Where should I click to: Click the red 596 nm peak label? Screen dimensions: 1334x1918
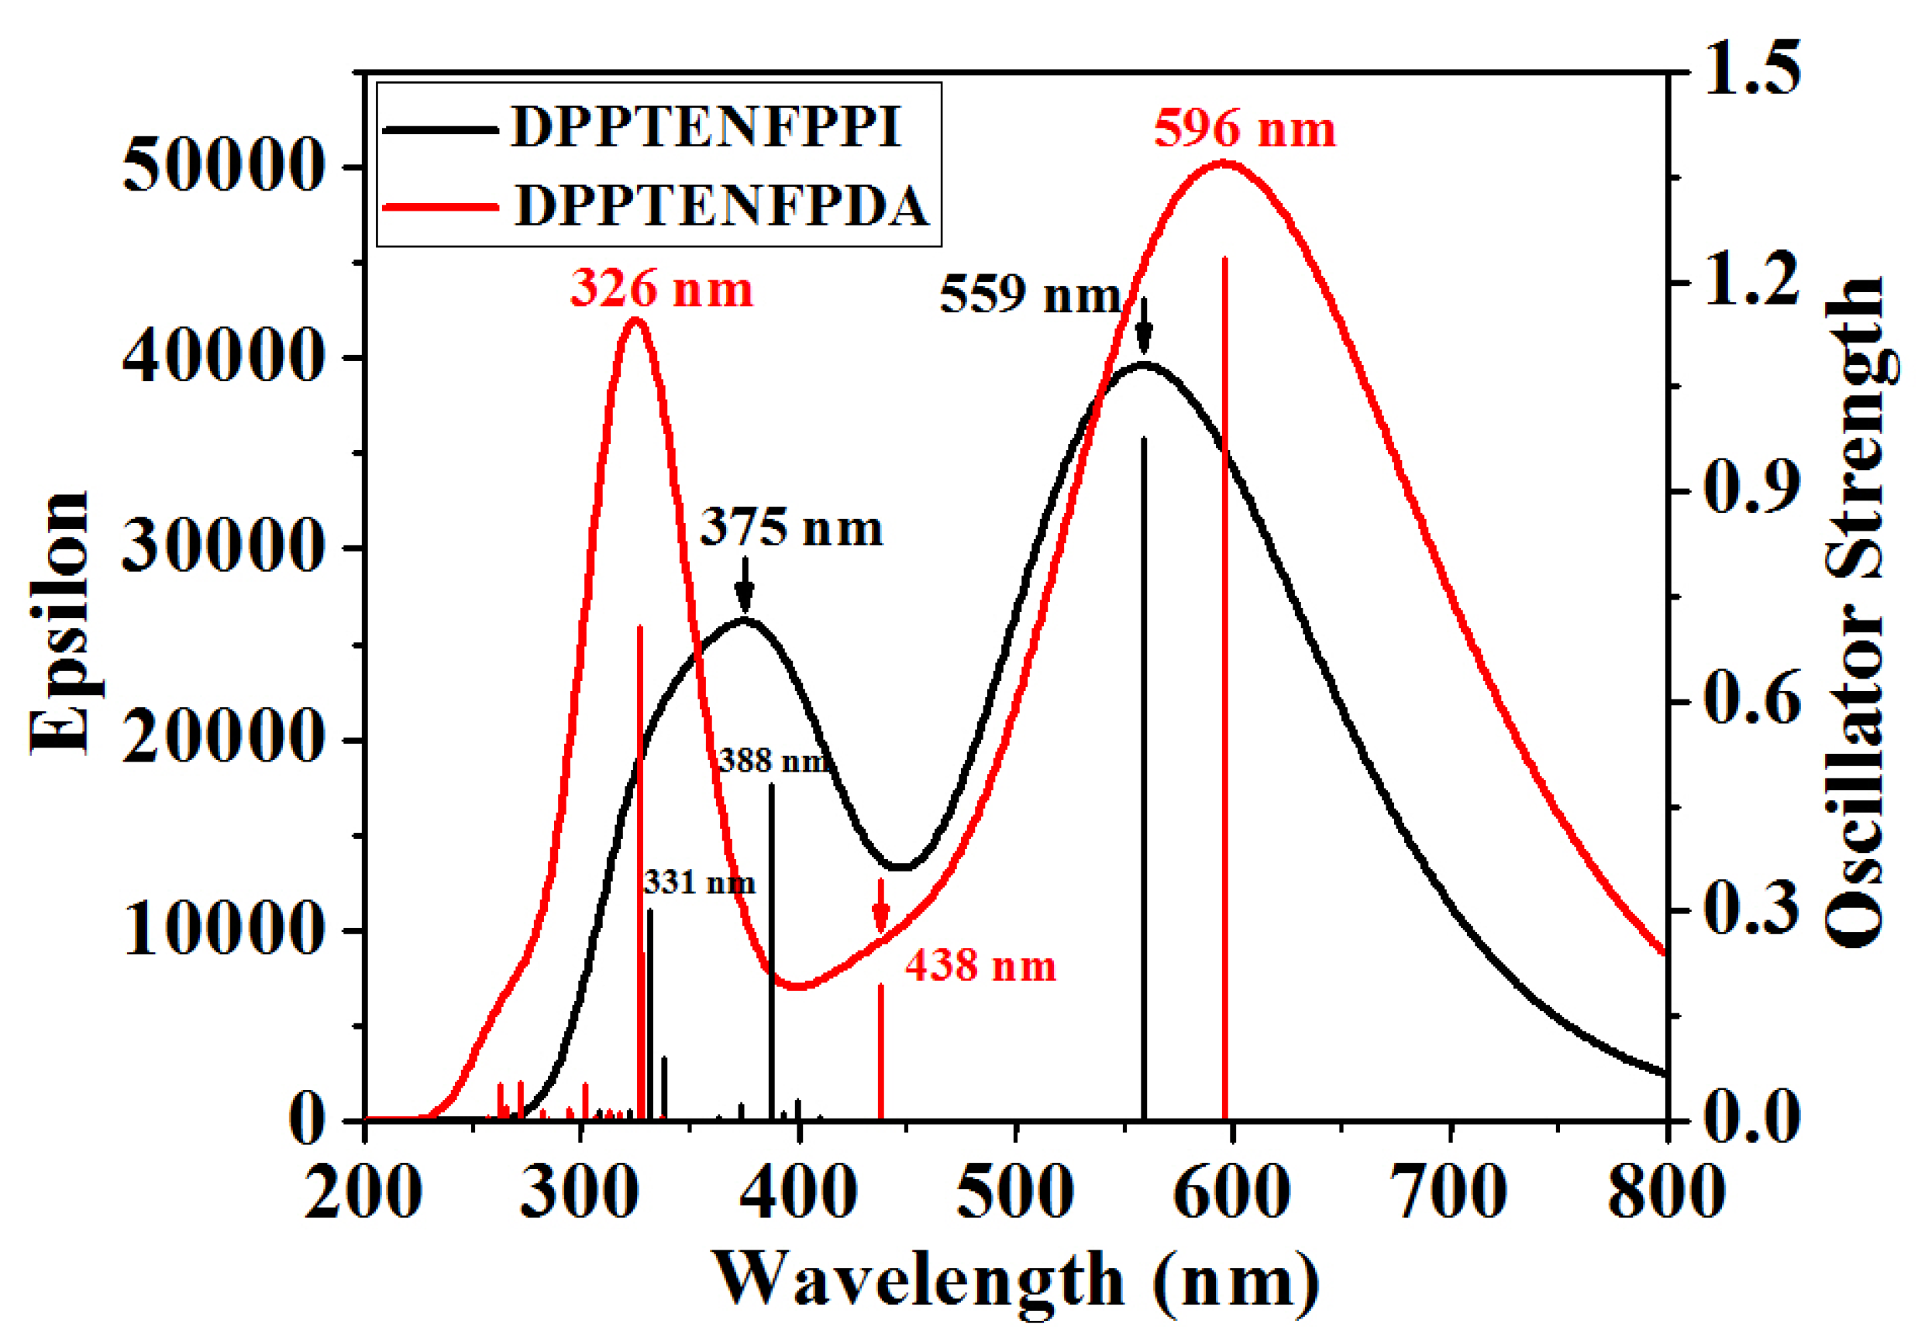(x=1245, y=129)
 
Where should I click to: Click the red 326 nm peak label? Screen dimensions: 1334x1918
(x=662, y=289)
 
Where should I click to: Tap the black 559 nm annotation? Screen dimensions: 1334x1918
(x=1029, y=295)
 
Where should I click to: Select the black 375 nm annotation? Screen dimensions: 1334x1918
(x=790, y=528)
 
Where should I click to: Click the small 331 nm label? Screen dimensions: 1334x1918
(x=699, y=882)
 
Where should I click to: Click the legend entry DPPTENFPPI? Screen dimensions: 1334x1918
(x=706, y=128)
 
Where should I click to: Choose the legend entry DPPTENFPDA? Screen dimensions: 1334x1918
(x=721, y=205)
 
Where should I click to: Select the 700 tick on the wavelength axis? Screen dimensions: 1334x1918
(x=1448, y=1192)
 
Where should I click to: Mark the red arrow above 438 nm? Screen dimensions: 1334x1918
(x=880, y=906)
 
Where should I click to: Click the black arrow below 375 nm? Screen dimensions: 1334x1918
(x=744, y=585)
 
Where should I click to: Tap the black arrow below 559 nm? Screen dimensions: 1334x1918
(x=1145, y=326)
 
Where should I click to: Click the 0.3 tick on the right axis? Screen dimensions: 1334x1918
(x=1751, y=909)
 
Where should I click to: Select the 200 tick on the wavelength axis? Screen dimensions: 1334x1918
(x=364, y=1192)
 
